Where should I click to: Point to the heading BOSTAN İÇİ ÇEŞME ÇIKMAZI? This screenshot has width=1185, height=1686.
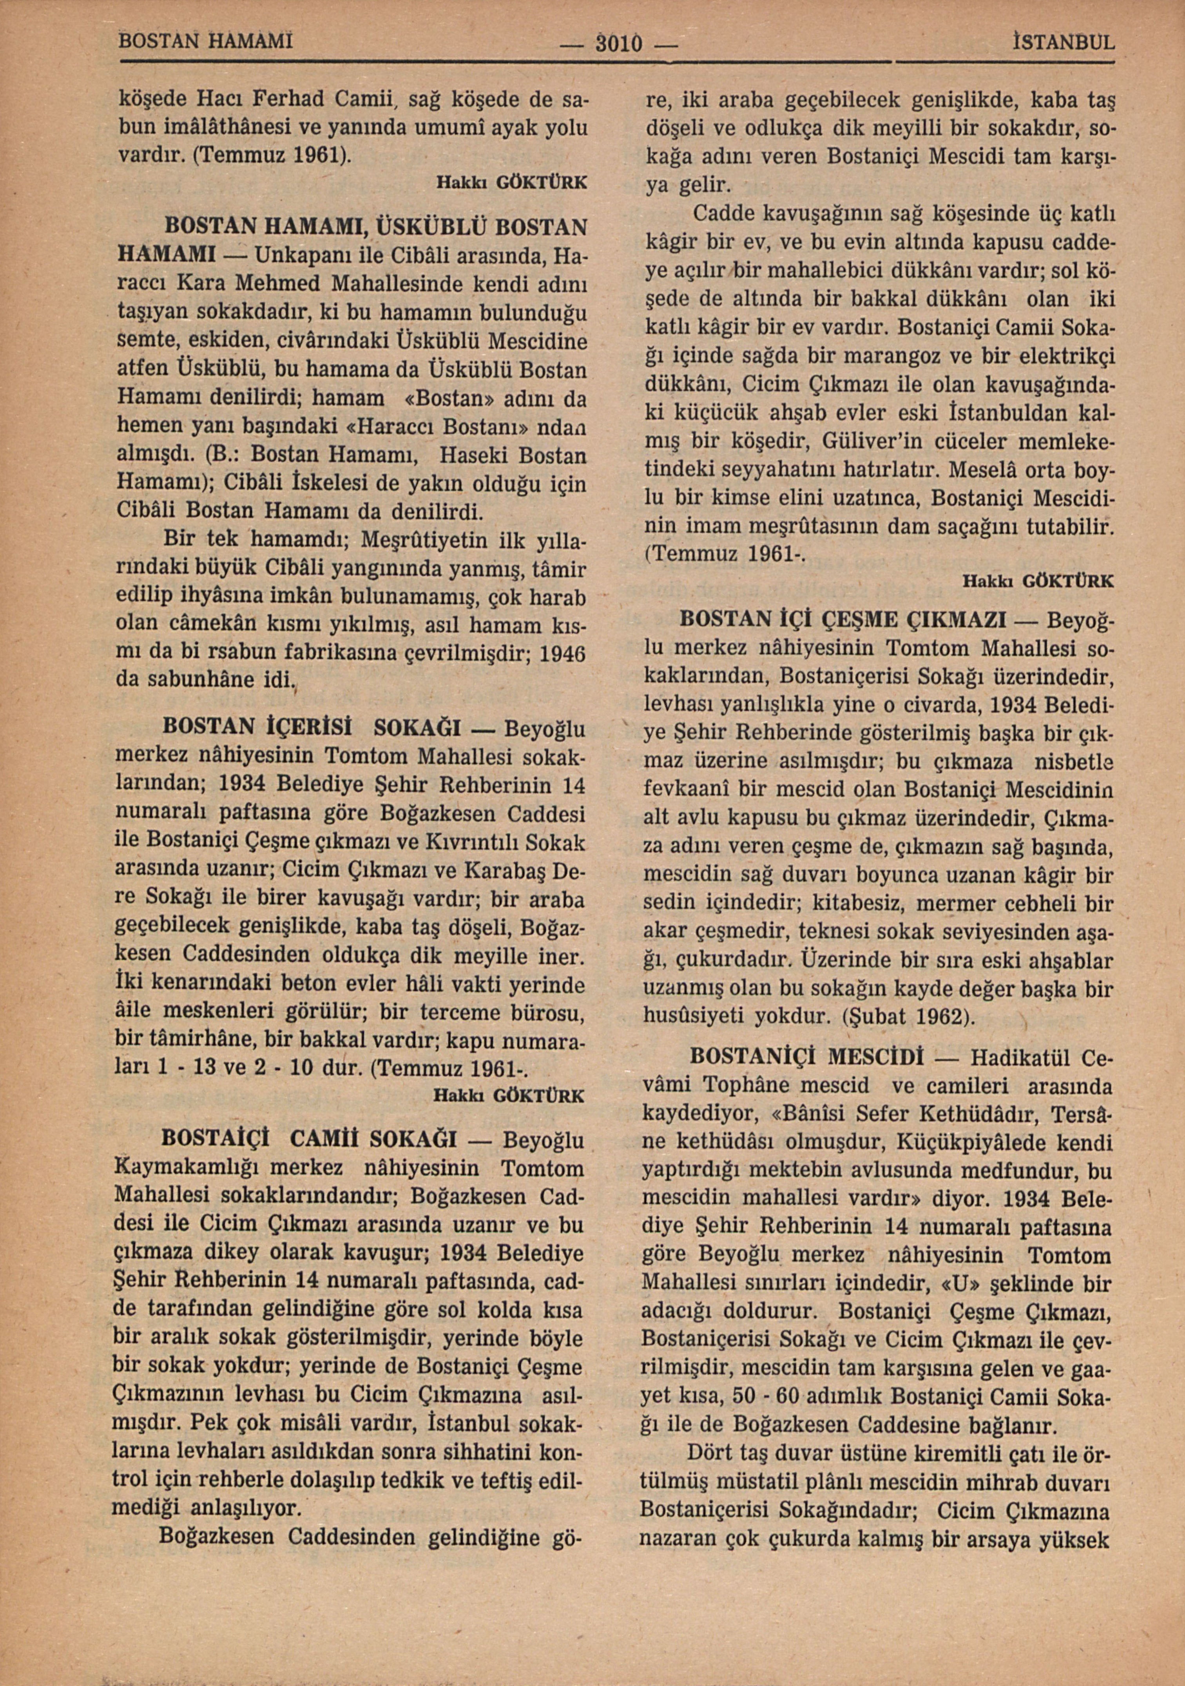(843, 620)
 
